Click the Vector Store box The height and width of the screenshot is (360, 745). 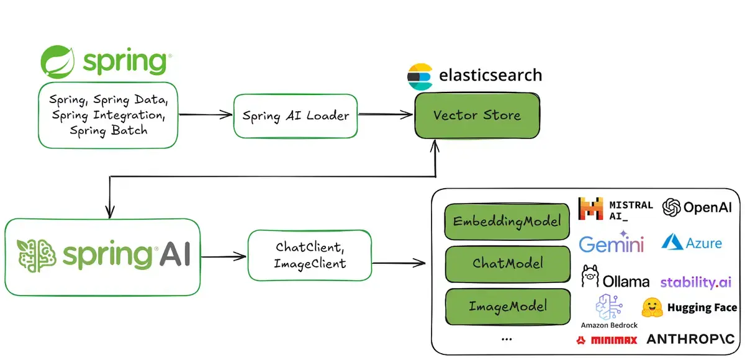(x=477, y=115)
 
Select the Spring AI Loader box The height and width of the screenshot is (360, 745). (x=296, y=116)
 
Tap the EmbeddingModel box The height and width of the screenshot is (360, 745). (x=507, y=222)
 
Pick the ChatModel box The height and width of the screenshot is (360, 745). (x=508, y=264)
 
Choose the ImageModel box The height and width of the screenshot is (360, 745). (x=508, y=307)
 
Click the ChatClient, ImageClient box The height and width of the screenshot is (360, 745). (x=310, y=255)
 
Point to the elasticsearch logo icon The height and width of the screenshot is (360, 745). (x=420, y=76)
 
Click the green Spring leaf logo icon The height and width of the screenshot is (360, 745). (x=58, y=62)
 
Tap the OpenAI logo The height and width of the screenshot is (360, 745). (x=697, y=207)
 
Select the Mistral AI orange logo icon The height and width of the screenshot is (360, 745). (x=590, y=209)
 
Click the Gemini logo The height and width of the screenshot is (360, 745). (x=612, y=242)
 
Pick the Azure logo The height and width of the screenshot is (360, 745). (x=692, y=241)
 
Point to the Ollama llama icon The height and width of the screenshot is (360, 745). (x=590, y=276)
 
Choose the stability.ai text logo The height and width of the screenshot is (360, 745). (x=696, y=282)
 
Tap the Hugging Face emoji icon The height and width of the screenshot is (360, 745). (x=652, y=307)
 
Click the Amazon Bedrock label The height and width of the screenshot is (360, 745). (x=609, y=325)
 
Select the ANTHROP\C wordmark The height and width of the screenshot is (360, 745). (x=690, y=340)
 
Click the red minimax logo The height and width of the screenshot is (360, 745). (x=607, y=340)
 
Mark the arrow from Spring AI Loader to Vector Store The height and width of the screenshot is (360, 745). (x=385, y=114)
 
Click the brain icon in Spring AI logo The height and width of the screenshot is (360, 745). (x=37, y=256)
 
